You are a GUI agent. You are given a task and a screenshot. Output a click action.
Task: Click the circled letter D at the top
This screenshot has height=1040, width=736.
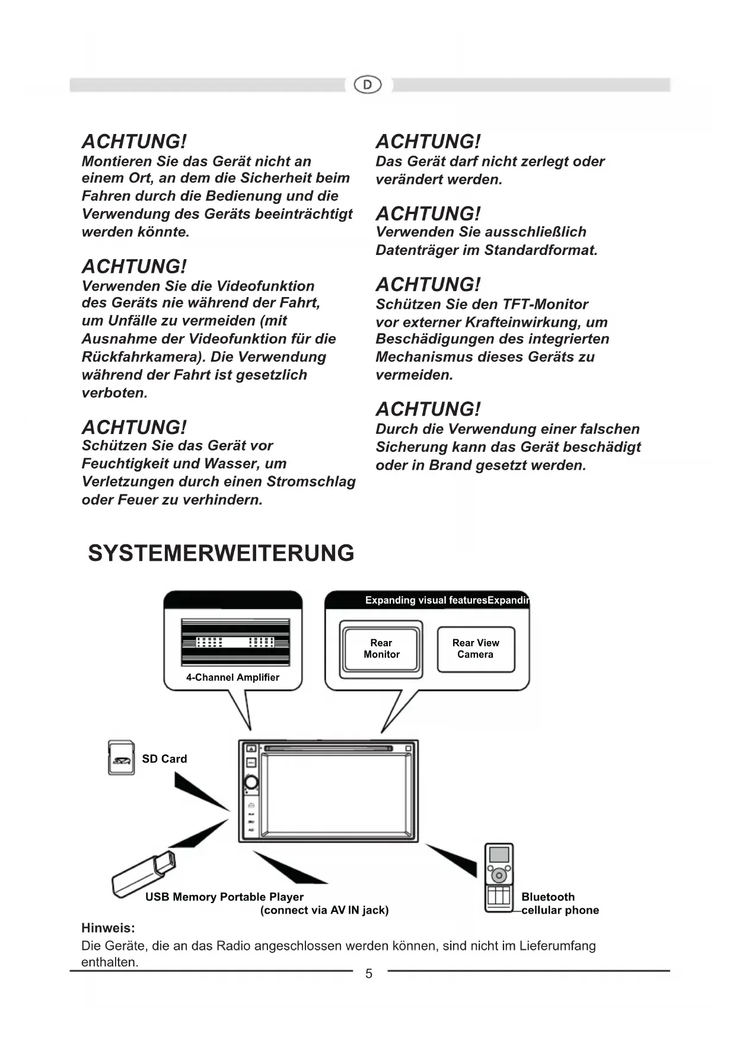[368, 85]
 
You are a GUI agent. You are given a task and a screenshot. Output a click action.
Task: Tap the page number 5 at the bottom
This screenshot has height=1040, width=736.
[369, 974]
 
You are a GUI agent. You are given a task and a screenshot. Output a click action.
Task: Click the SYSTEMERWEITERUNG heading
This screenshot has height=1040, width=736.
[221, 553]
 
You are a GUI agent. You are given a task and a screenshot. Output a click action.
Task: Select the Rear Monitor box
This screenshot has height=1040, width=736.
[381, 649]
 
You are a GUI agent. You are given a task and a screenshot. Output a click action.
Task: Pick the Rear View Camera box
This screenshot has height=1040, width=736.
[476, 649]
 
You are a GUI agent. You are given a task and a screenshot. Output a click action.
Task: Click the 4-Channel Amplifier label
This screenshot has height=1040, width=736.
[232, 677]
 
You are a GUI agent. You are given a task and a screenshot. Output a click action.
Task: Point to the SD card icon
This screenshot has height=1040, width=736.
[122, 758]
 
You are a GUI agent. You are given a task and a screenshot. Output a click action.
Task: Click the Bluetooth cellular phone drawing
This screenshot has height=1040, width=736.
[499, 878]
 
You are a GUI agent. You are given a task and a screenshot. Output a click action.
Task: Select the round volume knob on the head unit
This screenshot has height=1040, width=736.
[251, 782]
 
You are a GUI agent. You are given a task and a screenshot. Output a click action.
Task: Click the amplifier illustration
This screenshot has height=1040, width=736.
[235, 642]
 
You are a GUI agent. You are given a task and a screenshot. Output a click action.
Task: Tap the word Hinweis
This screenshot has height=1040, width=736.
[108, 928]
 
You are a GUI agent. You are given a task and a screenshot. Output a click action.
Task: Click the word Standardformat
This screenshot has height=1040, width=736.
[540, 250]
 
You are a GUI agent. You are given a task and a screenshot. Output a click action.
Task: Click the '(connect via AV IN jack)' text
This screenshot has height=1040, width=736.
[324, 910]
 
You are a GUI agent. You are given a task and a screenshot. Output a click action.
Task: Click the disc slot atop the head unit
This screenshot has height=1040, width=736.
[328, 748]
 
